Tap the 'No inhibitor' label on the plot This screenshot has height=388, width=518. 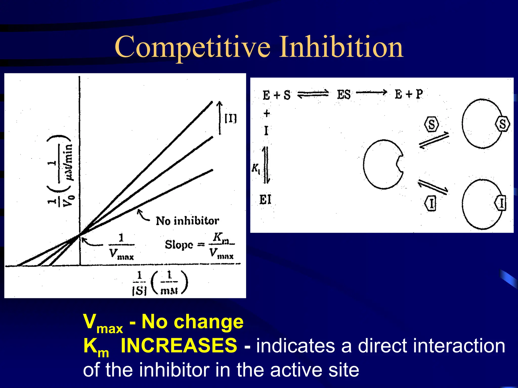pyautogui.click(x=187, y=221)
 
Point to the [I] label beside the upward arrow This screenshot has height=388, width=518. pyautogui.click(x=231, y=118)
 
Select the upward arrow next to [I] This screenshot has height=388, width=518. pyautogui.click(x=220, y=118)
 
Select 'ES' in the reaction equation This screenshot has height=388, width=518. pyautogui.click(x=343, y=95)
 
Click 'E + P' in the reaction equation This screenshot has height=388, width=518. pyautogui.click(x=408, y=94)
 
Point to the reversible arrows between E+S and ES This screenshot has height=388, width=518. pyautogui.click(x=313, y=94)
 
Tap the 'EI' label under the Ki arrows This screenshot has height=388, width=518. pyautogui.click(x=265, y=200)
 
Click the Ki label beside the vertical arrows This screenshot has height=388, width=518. pyautogui.click(x=256, y=168)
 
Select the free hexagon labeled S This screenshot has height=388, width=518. pyautogui.click(x=431, y=124)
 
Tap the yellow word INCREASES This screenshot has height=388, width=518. pyautogui.click(x=179, y=345)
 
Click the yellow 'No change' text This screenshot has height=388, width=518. pyautogui.click(x=192, y=322)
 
